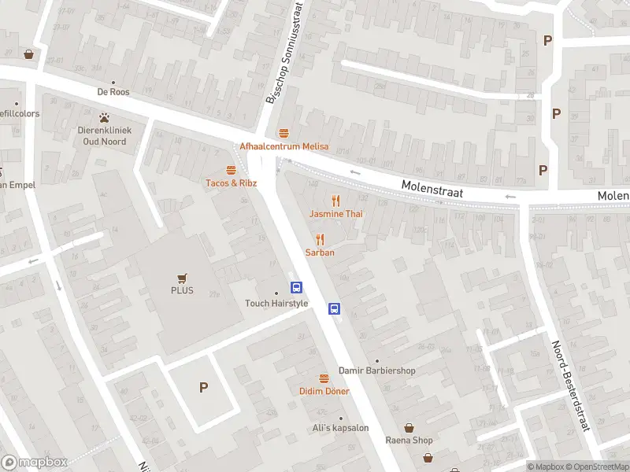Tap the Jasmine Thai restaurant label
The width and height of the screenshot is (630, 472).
(x=335, y=214)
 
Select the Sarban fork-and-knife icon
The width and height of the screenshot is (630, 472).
(x=320, y=239)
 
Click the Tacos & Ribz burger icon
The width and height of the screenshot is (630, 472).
(x=232, y=170)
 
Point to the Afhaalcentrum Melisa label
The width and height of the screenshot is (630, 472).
(x=283, y=146)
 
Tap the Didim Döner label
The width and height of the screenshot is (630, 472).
(x=324, y=391)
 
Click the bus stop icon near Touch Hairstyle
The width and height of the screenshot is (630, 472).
(x=297, y=288)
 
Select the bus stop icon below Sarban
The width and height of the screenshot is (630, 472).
(x=334, y=308)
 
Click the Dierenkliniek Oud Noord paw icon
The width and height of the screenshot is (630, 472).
(x=103, y=117)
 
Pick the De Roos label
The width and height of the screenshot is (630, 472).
(x=113, y=91)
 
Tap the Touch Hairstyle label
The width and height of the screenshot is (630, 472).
(x=276, y=304)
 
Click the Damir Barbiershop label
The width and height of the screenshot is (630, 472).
(x=376, y=371)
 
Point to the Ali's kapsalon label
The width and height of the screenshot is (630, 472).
(x=341, y=428)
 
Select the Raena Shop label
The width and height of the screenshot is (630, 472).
(x=408, y=440)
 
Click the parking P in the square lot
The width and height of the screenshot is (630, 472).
(x=203, y=387)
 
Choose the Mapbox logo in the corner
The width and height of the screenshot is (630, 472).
(x=34, y=463)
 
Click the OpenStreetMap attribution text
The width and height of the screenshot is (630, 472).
(x=597, y=466)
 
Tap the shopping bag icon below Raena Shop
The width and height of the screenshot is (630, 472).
(x=428, y=457)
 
